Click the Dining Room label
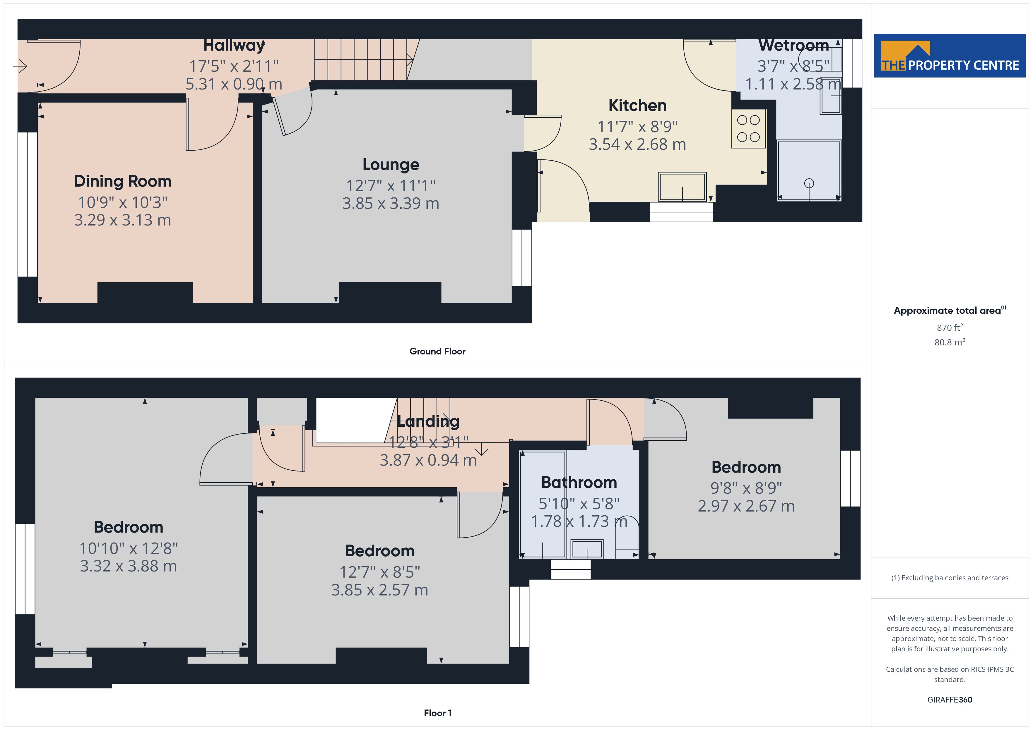[122, 181]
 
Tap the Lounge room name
[391, 165]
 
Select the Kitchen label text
[637, 106]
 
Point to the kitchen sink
[682, 187]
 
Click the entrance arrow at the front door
[20, 66]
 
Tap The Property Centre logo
[950, 56]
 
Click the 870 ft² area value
[950, 328]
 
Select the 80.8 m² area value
[950, 342]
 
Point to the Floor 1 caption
[437, 713]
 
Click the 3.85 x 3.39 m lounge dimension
[391, 204]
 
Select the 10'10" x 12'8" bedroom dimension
[129, 548]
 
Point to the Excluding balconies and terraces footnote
[950, 578]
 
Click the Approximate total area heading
[950, 310]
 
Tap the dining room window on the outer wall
[28, 204]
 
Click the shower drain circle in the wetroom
[809, 183]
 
